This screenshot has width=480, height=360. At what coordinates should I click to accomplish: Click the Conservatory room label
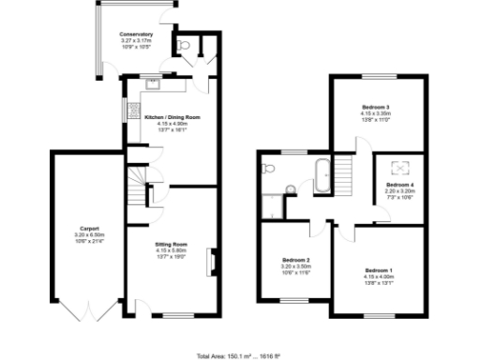137,34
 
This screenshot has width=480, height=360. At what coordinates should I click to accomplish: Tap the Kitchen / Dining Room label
166,118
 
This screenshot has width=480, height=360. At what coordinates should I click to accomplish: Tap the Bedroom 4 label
398,186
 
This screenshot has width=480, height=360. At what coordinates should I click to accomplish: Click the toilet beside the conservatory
183,43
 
